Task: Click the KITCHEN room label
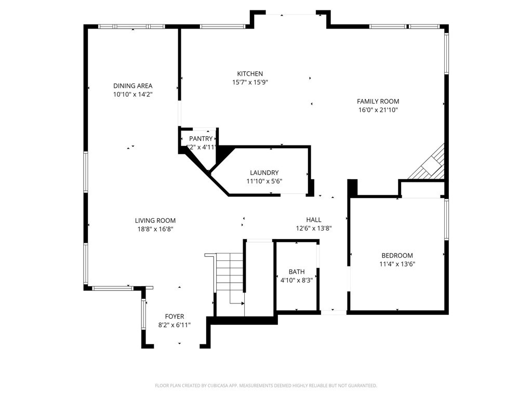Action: tap(250, 74)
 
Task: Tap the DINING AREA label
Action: tap(133, 86)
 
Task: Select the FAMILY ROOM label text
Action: tap(378, 101)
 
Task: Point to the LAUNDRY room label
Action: tap(264, 173)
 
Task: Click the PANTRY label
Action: tap(201, 139)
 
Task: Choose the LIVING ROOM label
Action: tap(155, 220)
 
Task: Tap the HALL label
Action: tap(313, 220)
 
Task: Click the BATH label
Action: tap(297, 272)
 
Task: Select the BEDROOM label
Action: tap(397, 255)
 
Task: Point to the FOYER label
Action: tap(175, 316)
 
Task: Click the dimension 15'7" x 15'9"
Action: tap(250, 82)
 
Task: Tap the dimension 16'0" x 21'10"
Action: tap(378, 110)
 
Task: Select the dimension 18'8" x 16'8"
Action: tap(155, 229)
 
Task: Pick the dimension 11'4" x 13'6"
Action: tap(397, 263)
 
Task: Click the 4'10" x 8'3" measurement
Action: tap(297, 280)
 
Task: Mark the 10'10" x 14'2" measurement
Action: tap(133, 94)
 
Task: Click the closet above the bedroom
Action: tap(421, 189)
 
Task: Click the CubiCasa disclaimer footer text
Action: tap(265, 385)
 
